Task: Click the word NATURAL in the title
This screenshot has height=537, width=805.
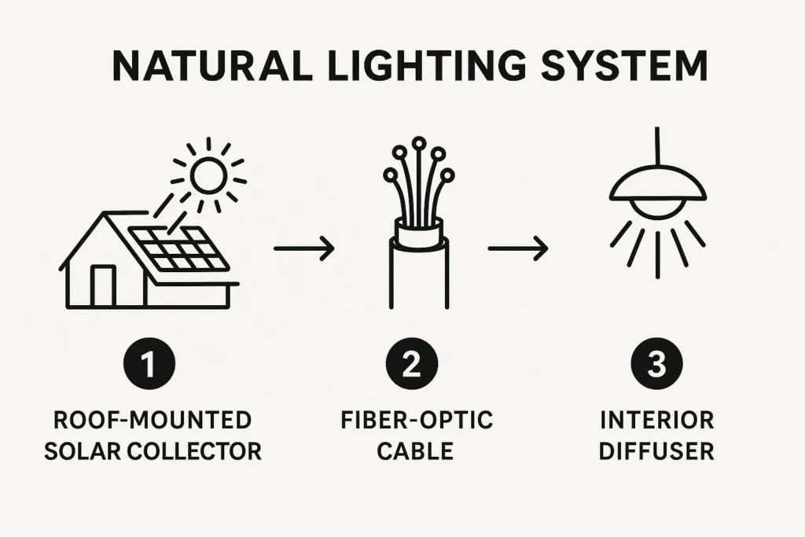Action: click(212, 66)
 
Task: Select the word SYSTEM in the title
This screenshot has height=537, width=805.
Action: click(624, 66)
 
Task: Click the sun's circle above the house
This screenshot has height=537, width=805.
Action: click(208, 175)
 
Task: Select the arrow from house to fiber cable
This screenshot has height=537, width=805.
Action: click(304, 248)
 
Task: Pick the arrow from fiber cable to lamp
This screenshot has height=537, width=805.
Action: click(517, 248)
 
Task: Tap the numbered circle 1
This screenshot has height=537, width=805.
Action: click(149, 363)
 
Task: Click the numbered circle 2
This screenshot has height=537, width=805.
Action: click(412, 363)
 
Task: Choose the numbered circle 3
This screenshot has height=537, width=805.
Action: click(656, 363)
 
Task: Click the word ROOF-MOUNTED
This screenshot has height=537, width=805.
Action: click(153, 420)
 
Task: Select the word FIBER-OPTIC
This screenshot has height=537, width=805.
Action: click(417, 420)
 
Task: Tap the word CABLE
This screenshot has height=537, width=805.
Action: click(415, 452)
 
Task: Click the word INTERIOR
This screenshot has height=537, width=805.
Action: click(657, 420)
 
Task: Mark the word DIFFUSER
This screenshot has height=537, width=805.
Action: click(656, 452)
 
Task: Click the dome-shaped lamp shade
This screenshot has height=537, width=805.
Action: click(658, 185)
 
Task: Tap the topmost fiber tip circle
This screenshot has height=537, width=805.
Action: click(419, 142)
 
